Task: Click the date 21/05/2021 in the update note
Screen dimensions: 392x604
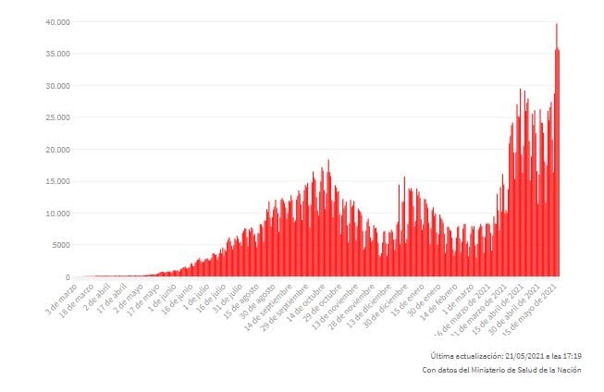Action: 524,356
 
